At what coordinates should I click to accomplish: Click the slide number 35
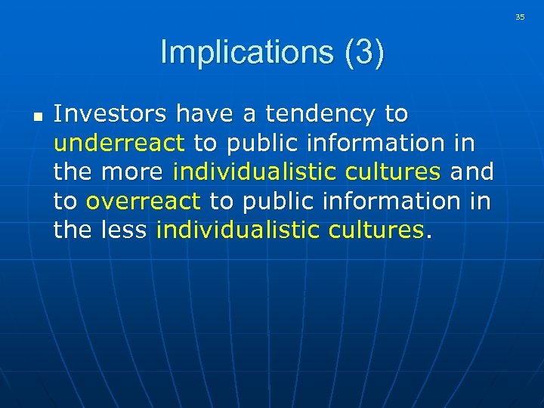520,17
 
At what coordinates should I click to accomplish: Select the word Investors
111,114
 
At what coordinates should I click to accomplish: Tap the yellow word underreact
119,143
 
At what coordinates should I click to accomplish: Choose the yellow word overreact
143,200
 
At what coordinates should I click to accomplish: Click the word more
131,172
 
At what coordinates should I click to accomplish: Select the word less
124,229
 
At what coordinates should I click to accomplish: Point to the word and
472,172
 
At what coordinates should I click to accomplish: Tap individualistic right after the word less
239,229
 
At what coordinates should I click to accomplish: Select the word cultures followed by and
393,172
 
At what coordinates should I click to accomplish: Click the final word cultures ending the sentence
376,229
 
